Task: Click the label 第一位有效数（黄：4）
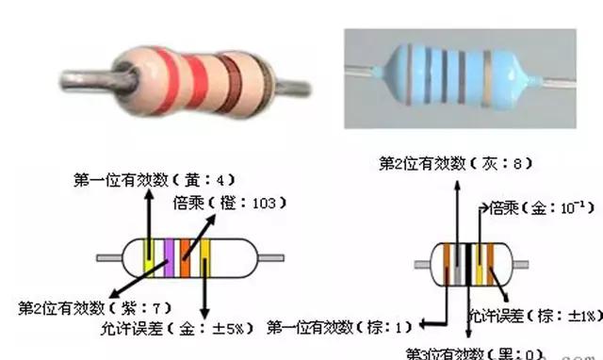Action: (x=152, y=179)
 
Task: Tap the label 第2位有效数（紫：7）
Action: (x=93, y=308)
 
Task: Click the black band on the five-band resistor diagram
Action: (x=465, y=265)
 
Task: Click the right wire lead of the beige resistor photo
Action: (x=295, y=86)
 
